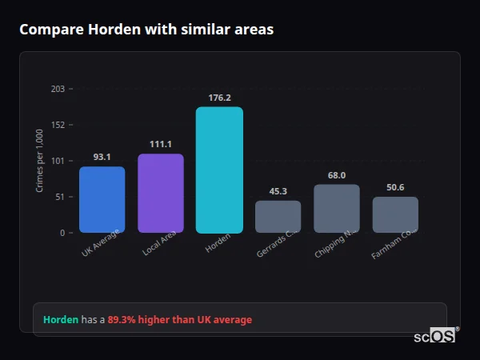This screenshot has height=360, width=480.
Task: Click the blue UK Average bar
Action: point(102,200)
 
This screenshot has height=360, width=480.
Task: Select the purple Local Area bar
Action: point(161,194)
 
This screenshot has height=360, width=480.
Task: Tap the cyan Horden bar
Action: point(219,170)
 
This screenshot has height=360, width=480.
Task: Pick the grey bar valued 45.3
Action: point(278,217)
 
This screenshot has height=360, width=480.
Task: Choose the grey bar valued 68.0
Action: point(336,209)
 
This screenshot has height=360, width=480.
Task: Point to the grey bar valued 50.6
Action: point(395,214)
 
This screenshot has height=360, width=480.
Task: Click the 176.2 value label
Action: point(219,98)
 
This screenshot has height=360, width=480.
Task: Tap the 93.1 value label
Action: point(102,157)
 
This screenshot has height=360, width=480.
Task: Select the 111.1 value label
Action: point(161,144)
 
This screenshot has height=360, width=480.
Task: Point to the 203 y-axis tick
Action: point(58,89)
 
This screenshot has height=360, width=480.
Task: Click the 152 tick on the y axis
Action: point(58,125)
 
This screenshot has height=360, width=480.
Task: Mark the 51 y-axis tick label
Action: point(59,197)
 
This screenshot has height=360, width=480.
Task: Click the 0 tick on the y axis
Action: point(62,233)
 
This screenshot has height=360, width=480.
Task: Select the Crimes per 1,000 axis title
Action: point(40,160)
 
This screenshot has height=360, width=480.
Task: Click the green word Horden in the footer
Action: point(61,320)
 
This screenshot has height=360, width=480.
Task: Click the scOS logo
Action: point(435,336)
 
